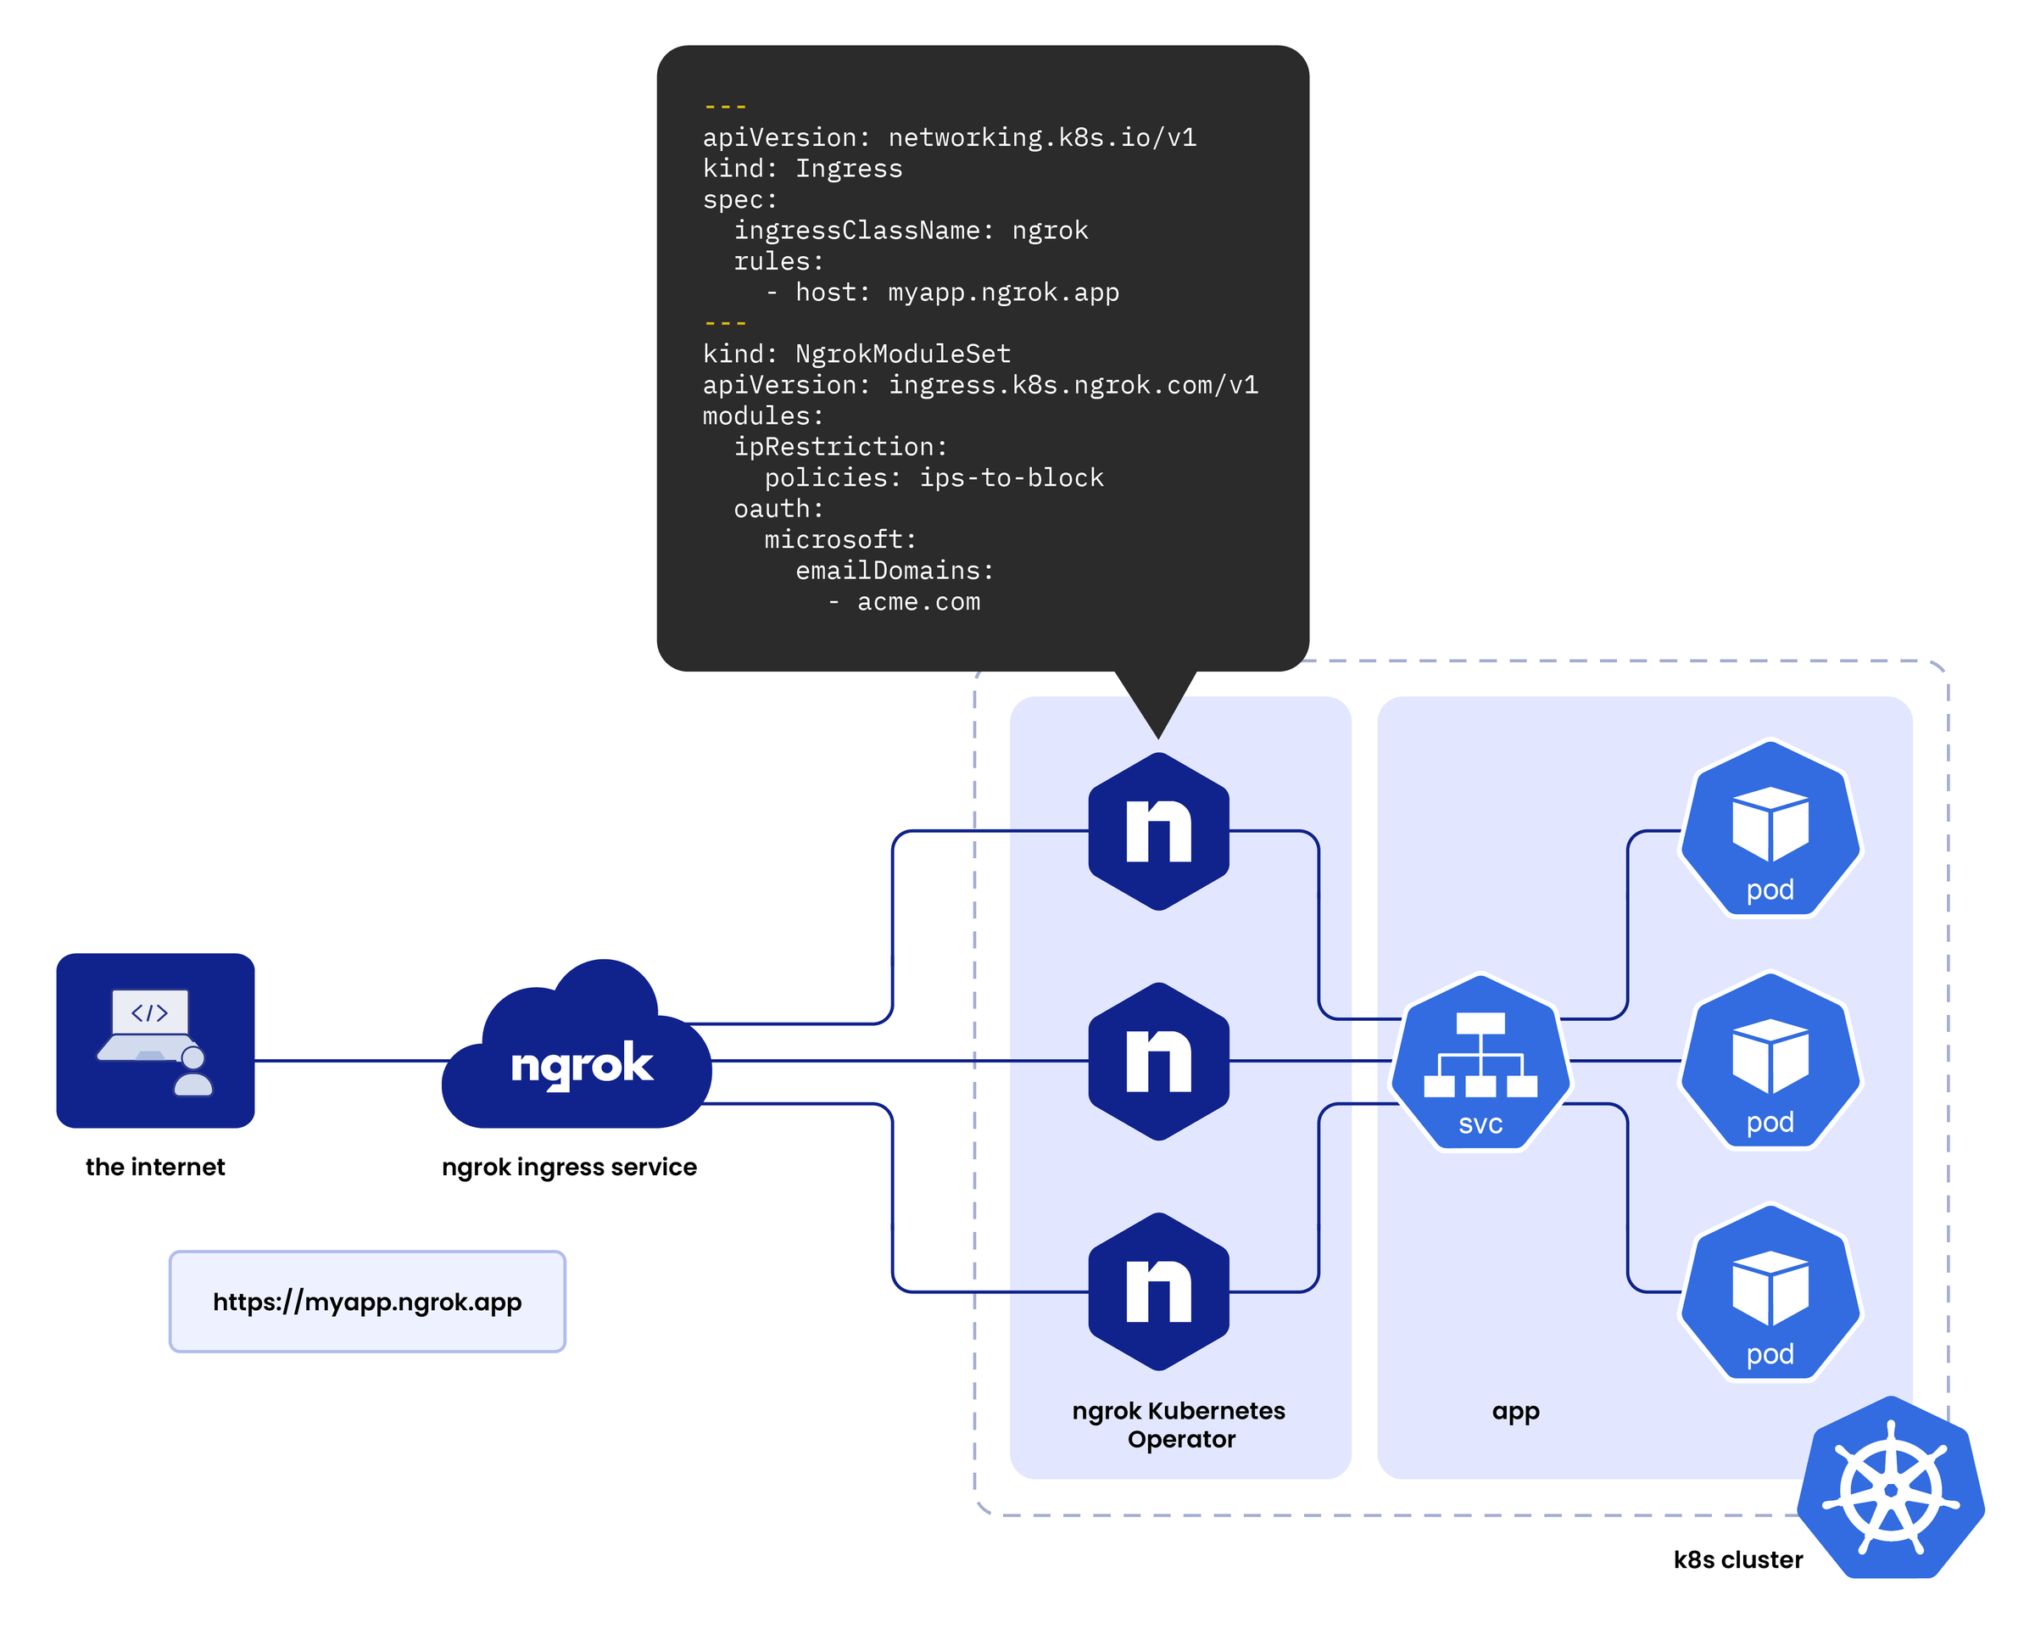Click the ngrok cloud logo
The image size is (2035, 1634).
click(x=577, y=1052)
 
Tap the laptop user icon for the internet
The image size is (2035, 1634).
click(x=155, y=1040)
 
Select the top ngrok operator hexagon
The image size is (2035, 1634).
click(x=1158, y=831)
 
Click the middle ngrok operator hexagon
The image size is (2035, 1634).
click(x=1158, y=1061)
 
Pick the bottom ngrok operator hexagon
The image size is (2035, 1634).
click(x=1158, y=1291)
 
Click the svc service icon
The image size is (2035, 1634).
click(x=1480, y=1062)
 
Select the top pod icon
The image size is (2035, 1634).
click(x=1770, y=828)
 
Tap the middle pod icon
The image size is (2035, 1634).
click(x=1770, y=1061)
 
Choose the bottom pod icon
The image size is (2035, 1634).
click(x=1770, y=1293)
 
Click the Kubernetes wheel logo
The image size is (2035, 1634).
click(x=1890, y=1489)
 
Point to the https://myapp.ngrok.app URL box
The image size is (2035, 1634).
click(x=367, y=1302)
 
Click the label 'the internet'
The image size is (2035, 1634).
click(x=155, y=1167)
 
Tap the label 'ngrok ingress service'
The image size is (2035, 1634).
click(x=569, y=1167)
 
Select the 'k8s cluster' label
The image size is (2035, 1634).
click(x=1737, y=1559)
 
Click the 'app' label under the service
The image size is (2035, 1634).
click(x=1515, y=1411)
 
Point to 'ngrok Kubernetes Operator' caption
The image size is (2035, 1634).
click(x=1179, y=1425)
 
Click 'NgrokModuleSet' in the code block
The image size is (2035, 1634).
click(x=902, y=354)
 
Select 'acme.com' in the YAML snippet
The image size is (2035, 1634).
click(x=917, y=602)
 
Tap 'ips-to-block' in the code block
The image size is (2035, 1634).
click(x=1011, y=477)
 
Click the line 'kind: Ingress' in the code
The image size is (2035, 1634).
click(x=802, y=169)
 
